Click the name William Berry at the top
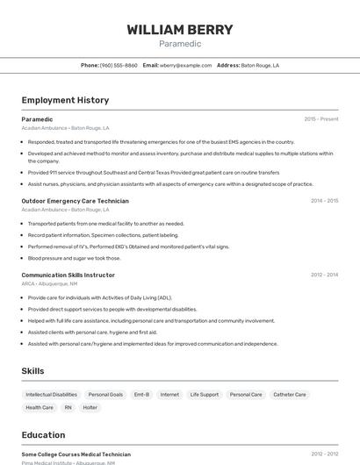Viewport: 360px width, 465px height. click(180, 30)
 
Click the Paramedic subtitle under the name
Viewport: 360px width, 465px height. click(180, 44)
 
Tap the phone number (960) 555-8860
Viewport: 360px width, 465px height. click(119, 65)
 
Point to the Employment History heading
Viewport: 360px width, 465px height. click(65, 100)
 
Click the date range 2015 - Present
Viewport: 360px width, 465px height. click(321, 118)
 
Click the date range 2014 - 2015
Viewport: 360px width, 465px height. click(324, 201)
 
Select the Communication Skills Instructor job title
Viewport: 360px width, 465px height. click(68, 275)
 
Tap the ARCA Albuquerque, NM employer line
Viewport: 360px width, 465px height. click(49, 283)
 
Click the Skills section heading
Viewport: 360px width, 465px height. click(33, 371)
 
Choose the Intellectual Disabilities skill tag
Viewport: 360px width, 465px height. click(51, 395)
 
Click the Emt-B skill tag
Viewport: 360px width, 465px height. click(141, 395)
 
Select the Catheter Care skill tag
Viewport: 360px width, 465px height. click(290, 395)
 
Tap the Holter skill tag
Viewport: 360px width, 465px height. click(90, 407)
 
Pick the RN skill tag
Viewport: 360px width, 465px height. click(68, 407)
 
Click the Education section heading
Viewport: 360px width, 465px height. click(43, 434)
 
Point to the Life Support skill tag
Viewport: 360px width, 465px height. click(205, 395)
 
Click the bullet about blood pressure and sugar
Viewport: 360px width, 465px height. click(75, 258)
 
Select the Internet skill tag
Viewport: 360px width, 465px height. click(169, 395)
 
